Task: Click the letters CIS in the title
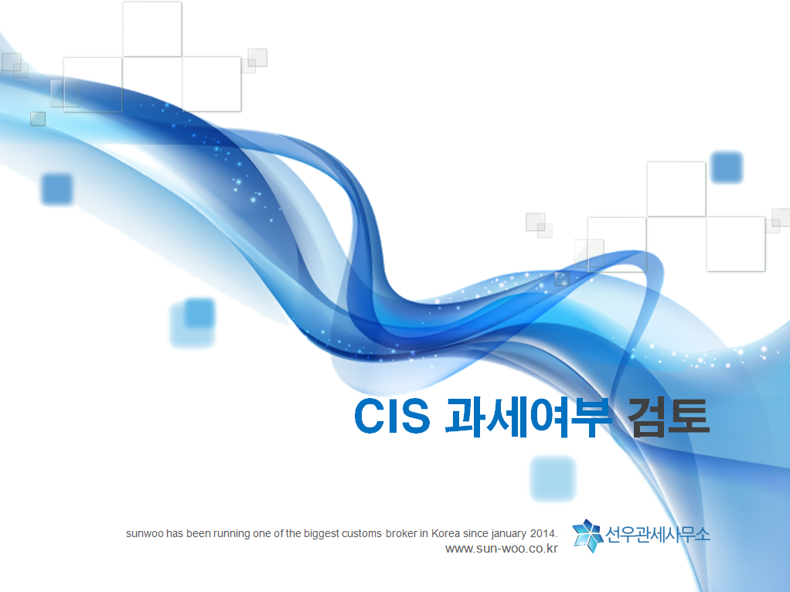pyautogui.click(x=393, y=416)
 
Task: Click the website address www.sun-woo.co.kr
pyautogui.click(x=502, y=549)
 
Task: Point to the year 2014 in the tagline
pyautogui.click(x=543, y=533)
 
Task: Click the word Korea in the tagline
pyautogui.click(x=446, y=533)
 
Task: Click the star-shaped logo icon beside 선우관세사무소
pyautogui.click(x=588, y=536)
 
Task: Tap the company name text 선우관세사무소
pyautogui.click(x=657, y=535)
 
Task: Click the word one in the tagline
pyautogui.click(x=261, y=534)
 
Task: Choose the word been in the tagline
pyautogui.click(x=198, y=533)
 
